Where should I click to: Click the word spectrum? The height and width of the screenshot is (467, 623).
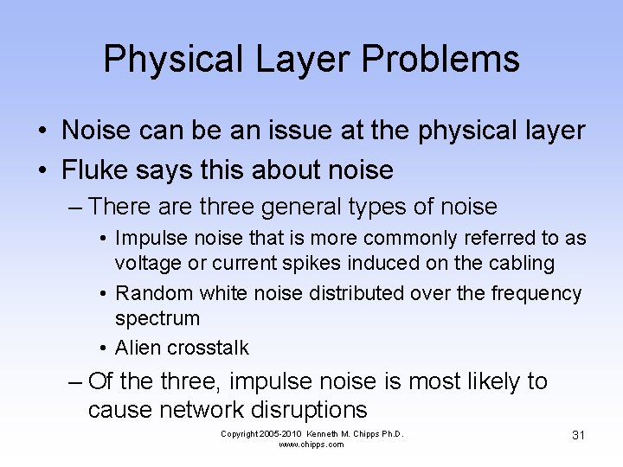tap(157, 319)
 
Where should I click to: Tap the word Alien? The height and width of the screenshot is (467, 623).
tap(136, 348)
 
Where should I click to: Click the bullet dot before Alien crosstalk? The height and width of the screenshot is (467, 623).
tap(103, 349)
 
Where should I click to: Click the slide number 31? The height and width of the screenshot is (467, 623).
tap(578, 435)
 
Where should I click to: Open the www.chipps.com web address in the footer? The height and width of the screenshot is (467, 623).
tap(311, 445)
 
